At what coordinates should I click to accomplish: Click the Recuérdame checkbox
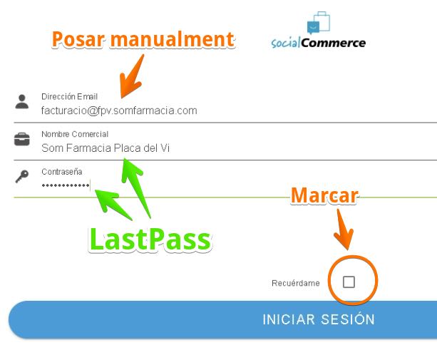(349, 282)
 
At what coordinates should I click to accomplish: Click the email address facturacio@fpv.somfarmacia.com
(119, 110)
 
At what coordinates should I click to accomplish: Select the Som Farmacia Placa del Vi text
(106, 148)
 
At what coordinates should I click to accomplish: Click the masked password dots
(66, 185)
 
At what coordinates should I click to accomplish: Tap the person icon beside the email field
(22, 101)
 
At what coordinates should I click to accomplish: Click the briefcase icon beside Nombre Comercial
(22, 139)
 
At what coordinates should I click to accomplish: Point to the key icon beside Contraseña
(22, 177)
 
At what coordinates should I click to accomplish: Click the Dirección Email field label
(69, 97)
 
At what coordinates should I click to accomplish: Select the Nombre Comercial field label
(75, 134)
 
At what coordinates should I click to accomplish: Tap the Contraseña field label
(61, 172)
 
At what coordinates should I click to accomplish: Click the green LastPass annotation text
(150, 240)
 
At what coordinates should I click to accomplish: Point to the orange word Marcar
(324, 195)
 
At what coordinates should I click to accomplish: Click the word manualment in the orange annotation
(173, 39)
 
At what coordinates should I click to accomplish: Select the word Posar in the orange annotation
(78, 39)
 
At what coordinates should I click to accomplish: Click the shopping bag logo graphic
(319, 22)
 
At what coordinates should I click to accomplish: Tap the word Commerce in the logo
(334, 43)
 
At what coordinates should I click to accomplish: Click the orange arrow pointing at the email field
(132, 76)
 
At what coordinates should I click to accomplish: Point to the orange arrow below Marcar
(344, 230)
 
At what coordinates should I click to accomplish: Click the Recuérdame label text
(296, 283)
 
